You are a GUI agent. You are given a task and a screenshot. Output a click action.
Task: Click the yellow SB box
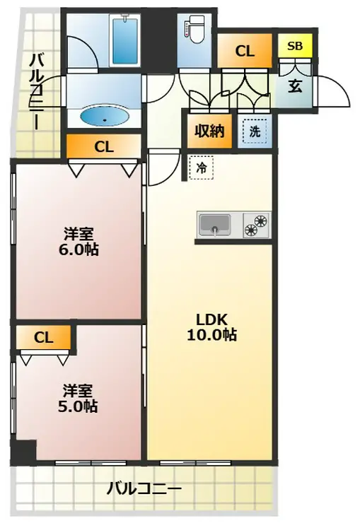tap(296, 46)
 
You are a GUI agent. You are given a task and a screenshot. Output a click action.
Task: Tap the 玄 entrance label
tap(295, 87)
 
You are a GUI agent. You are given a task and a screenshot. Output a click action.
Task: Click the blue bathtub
tap(125, 41)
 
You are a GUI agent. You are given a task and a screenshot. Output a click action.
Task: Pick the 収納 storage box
tap(209, 131)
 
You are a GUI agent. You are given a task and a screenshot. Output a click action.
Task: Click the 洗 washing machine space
tap(255, 131)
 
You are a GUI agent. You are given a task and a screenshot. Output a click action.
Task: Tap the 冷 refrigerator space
tap(201, 168)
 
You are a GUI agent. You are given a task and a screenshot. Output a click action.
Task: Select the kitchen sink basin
tap(214, 224)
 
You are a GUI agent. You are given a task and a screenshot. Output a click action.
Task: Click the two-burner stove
tap(256, 225)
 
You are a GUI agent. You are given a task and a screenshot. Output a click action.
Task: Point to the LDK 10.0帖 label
tap(211, 327)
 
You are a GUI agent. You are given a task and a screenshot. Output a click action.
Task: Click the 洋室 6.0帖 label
tap(79, 242)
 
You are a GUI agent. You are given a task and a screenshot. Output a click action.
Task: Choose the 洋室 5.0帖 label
tap(78, 398)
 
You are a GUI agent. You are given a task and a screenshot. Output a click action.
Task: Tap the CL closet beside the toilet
tap(245, 51)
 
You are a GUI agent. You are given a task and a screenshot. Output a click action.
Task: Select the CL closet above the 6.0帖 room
tap(104, 146)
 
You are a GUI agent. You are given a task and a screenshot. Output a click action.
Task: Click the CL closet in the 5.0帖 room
tap(44, 338)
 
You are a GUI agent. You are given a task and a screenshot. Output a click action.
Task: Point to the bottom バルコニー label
tap(144, 489)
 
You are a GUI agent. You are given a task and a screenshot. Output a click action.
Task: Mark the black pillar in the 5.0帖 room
tap(23, 452)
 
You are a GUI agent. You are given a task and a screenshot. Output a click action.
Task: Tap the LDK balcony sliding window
tap(195, 463)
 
